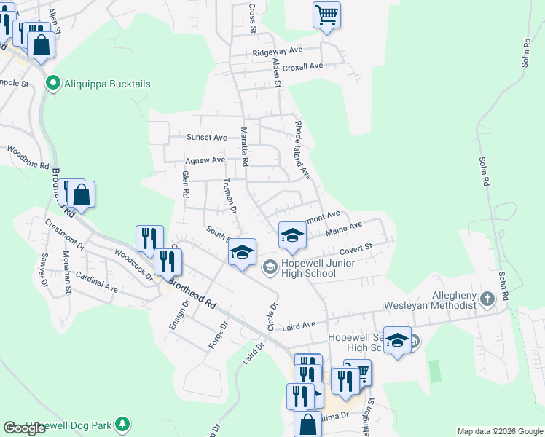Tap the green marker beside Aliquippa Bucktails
click(x=52, y=84)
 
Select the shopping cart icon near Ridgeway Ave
click(x=326, y=15)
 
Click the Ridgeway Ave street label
click(x=277, y=52)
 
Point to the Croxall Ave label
click(x=302, y=66)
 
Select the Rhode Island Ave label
click(x=302, y=150)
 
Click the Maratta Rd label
click(x=245, y=146)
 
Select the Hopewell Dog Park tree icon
click(x=123, y=424)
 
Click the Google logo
click(x=24, y=428)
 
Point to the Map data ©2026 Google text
click(x=499, y=431)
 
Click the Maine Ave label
click(x=345, y=229)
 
